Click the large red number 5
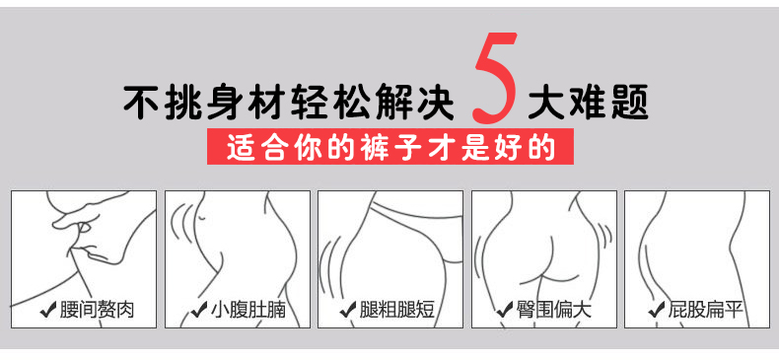tap(494, 78)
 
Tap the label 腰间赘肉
tap(97, 310)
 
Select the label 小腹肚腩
tap(248, 310)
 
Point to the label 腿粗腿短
tap(397, 310)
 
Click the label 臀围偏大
tap(553, 310)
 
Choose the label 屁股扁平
tap(706, 310)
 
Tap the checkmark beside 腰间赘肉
tap(48, 311)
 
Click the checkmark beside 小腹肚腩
tap(199, 311)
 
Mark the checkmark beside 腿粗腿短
tap(348, 311)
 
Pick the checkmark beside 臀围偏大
tap(504, 311)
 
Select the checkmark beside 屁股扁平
tap(657, 311)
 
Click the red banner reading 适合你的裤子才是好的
tap(390, 147)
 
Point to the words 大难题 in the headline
tap(588, 103)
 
